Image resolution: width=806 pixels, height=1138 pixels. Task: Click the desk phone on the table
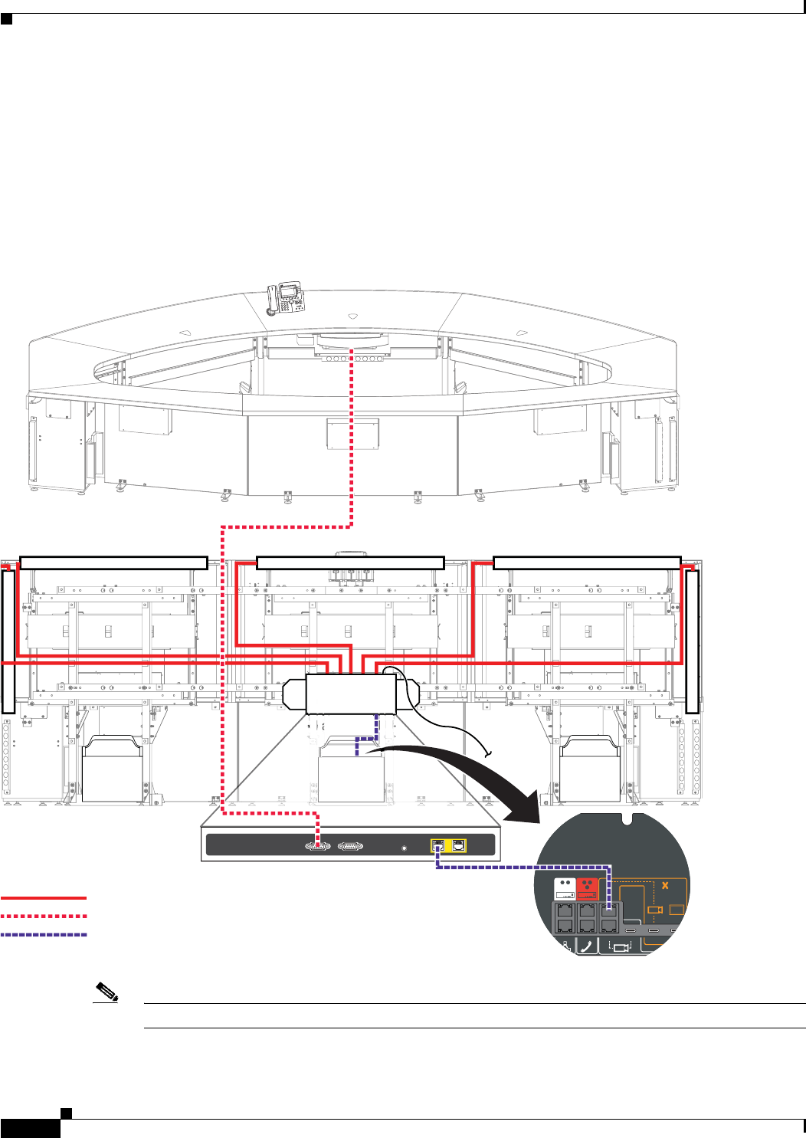point(285,298)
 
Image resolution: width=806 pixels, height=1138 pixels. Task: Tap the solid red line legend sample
point(44,897)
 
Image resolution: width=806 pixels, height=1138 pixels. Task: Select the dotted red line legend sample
point(44,916)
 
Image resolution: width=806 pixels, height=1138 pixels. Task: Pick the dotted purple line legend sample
point(44,935)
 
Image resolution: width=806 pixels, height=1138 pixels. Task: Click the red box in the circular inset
point(587,889)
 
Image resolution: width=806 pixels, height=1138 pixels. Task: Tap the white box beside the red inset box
point(565,889)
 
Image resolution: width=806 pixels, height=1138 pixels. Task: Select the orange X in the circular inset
point(665,886)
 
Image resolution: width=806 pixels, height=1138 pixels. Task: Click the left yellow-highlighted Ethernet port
point(439,846)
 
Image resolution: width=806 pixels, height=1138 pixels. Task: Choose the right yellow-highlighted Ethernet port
point(457,846)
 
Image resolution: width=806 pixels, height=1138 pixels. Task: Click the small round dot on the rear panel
point(405,848)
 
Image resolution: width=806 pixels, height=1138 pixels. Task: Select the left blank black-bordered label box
point(113,562)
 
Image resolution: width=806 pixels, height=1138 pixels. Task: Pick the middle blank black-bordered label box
point(350,562)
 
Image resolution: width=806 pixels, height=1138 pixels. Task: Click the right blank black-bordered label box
point(587,562)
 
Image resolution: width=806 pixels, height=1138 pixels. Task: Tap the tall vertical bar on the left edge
point(8,641)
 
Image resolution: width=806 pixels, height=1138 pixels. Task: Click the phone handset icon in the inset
point(587,946)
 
